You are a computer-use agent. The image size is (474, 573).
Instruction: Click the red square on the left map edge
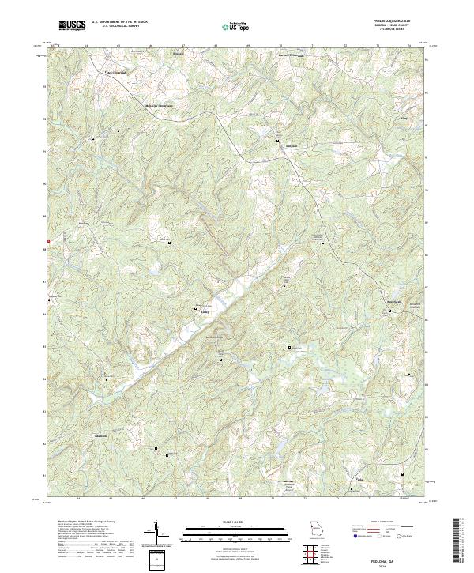coord(48,241)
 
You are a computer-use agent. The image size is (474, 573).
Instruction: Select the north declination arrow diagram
coord(158,533)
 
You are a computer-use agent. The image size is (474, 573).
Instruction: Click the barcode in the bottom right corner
coord(460,544)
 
